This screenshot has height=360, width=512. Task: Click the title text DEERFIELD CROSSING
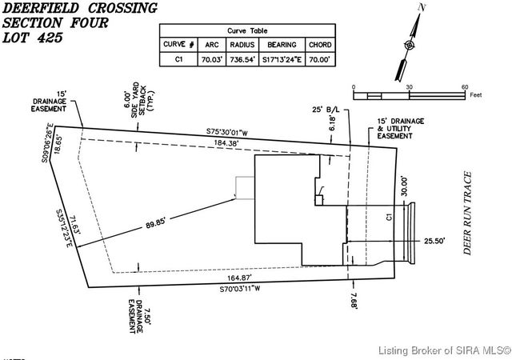(x=79, y=8)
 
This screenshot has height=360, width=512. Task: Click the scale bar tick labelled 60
(x=465, y=86)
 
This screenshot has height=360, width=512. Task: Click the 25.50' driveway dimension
(x=434, y=240)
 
